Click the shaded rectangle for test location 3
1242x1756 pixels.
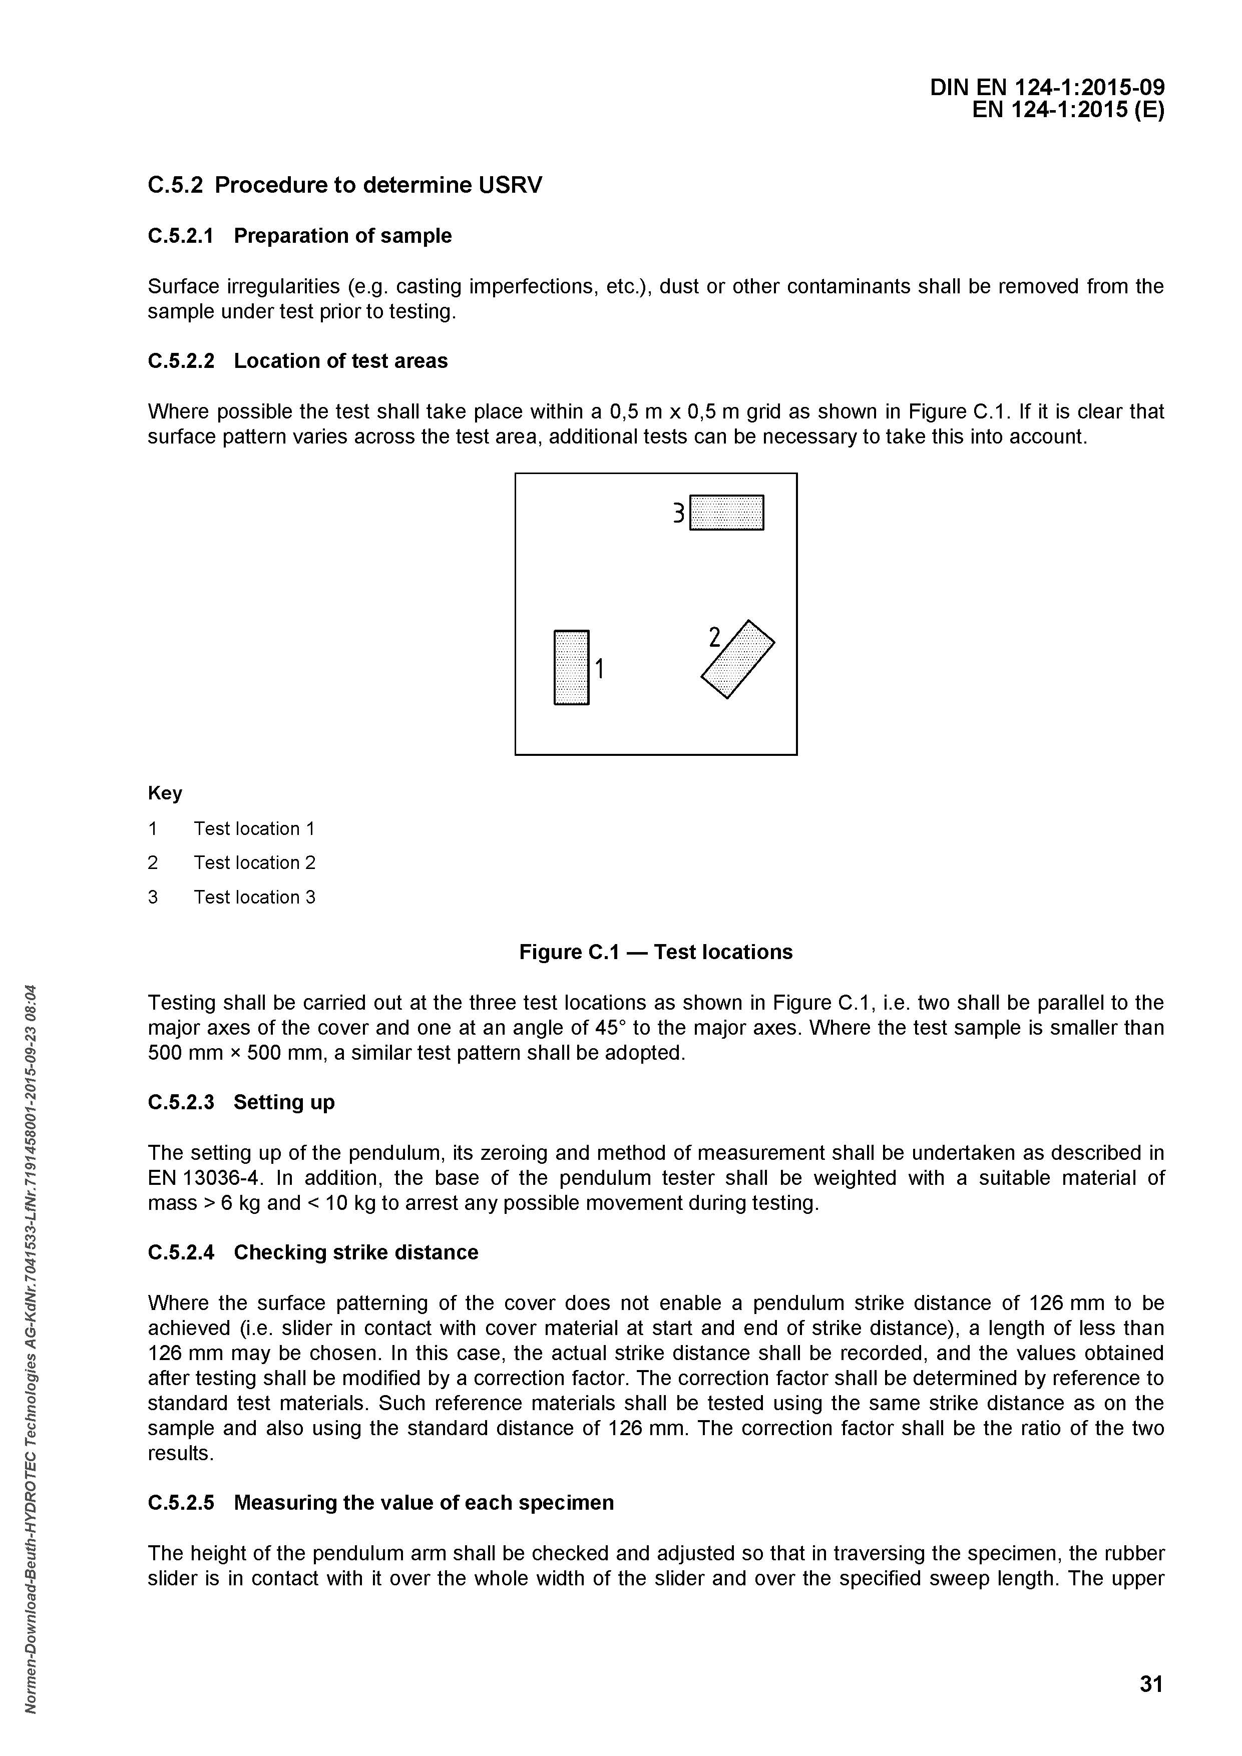[726, 513]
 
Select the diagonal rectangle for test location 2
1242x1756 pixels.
[738, 659]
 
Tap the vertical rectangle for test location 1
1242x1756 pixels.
[571, 667]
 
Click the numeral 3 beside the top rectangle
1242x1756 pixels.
[678, 513]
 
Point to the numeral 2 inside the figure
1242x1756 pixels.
[715, 637]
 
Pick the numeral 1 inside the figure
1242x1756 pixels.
[600, 669]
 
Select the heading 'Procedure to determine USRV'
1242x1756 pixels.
[378, 185]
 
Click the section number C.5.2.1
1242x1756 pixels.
[181, 236]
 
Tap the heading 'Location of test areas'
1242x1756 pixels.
[340, 361]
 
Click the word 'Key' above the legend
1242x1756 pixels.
[164, 793]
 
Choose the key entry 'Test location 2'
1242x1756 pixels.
[254, 862]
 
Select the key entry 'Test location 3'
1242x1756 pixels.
[254, 897]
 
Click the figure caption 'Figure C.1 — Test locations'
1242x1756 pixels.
[655, 952]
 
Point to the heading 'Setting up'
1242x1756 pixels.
[284, 1102]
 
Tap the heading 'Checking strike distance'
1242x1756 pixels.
[355, 1252]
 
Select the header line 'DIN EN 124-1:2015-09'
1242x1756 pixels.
[1047, 88]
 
